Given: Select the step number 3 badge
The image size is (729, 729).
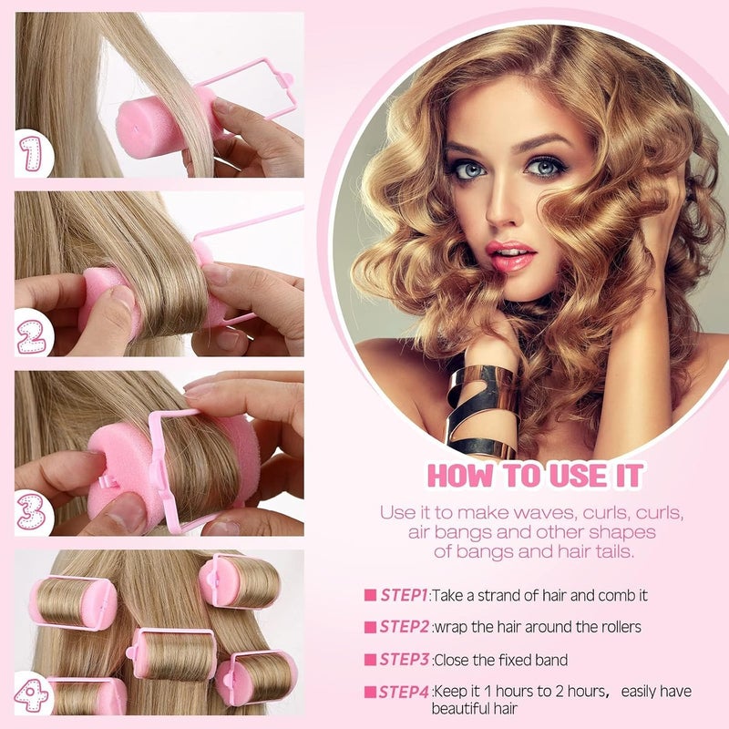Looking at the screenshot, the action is [32, 511].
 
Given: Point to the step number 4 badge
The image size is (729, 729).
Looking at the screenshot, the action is [31, 695].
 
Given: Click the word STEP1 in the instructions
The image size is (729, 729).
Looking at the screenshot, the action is [404, 596].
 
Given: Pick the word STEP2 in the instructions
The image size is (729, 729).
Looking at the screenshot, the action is [404, 627].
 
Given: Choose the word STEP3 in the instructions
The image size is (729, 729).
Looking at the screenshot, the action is [404, 660].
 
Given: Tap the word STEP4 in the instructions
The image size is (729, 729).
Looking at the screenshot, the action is [403, 693].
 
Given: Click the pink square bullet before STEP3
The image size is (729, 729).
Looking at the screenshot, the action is [370, 660].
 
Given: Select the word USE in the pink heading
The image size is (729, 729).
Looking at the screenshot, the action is [578, 475].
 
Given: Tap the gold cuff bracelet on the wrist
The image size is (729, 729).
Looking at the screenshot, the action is [483, 410].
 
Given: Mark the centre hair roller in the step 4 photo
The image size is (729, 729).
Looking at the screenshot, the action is [173, 654].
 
